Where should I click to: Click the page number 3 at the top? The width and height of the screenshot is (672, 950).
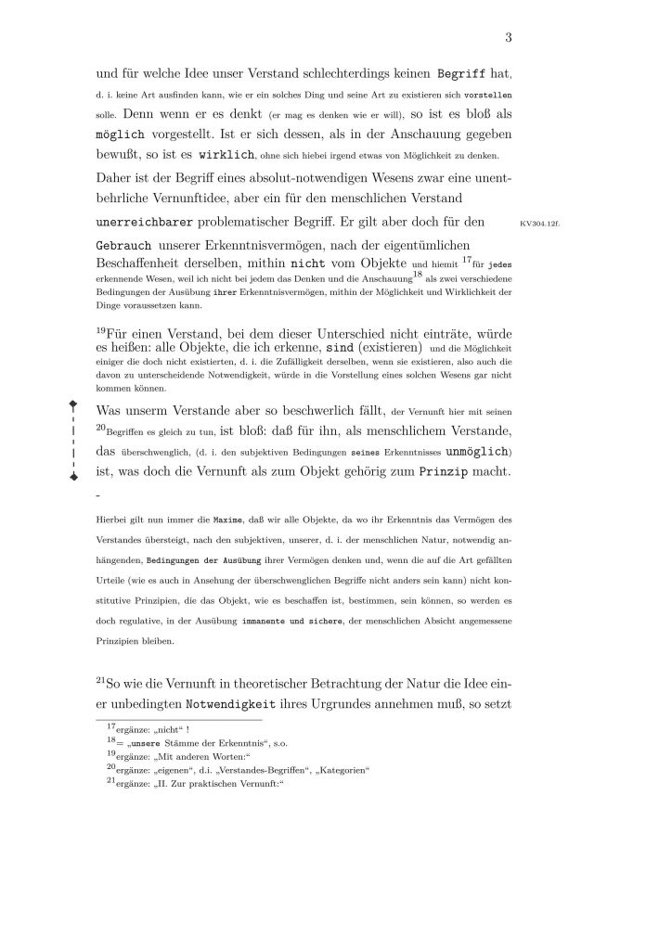(x=509, y=37)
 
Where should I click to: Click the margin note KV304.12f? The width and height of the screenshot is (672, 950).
(x=534, y=224)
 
